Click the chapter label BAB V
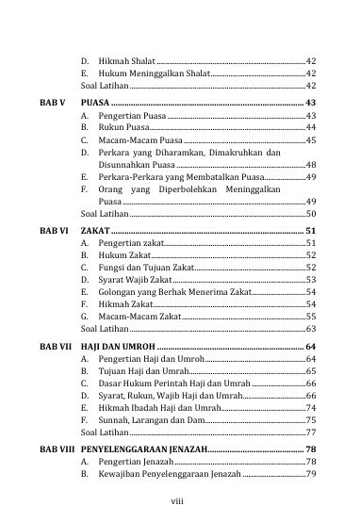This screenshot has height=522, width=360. tap(52, 101)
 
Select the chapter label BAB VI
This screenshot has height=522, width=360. tap(54, 229)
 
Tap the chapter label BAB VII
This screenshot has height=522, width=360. tap(56, 349)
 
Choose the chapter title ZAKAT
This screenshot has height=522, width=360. tap(94, 229)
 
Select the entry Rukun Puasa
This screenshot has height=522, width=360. tap(123, 126)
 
